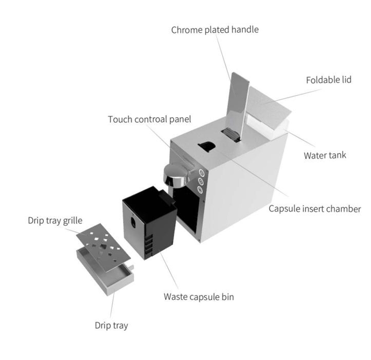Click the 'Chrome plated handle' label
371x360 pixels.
point(215,30)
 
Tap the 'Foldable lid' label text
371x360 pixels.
point(328,80)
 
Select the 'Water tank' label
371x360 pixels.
point(325,155)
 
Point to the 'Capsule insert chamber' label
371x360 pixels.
point(315,209)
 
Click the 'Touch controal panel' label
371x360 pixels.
point(149,119)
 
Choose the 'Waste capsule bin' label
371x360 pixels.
point(199,297)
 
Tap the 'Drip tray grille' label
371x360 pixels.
point(55,221)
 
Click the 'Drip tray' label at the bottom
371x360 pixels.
point(111,325)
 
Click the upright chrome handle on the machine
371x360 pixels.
point(237,104)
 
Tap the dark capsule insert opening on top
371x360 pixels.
point(207,146)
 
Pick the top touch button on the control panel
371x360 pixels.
point(202,173)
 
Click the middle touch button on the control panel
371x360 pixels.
point(201,181)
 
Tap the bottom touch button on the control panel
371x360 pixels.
point(200,189)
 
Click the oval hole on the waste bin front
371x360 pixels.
point(133,223)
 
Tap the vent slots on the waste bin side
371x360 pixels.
point(149,246)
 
